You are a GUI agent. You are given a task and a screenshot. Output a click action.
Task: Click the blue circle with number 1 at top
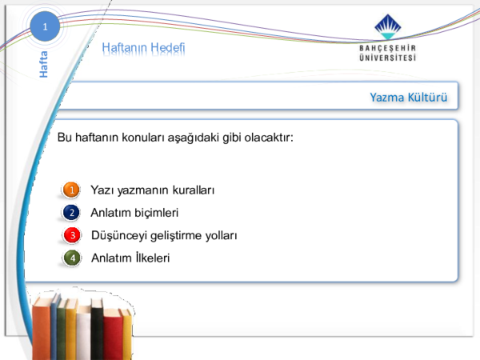point(45,26)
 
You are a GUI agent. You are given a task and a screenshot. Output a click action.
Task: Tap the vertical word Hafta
point(44,64)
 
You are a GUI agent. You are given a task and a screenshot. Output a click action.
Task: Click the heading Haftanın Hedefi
point(143,48)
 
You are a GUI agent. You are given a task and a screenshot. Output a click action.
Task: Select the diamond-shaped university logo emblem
point(388,26)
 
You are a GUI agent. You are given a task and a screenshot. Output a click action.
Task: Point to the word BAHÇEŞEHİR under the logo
point(388,48)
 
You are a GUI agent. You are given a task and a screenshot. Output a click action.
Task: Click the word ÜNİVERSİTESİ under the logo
point(388,58)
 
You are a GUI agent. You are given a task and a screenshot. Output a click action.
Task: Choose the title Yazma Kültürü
point(409,98)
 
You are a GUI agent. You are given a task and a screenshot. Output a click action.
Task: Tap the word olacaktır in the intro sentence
point(269,138)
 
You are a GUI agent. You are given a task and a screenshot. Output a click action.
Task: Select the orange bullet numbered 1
point(71,190)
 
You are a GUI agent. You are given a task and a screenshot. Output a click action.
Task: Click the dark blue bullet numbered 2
point(71,213)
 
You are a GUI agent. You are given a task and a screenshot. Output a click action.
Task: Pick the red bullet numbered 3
point(72,235)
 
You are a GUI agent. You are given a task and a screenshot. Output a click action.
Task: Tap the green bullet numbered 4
point(72,258)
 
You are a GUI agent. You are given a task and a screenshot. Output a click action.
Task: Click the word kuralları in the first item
point(194,190)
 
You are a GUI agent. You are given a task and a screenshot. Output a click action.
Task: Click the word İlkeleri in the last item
point(152,258)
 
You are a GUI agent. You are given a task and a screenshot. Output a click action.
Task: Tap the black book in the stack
point(97,329)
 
